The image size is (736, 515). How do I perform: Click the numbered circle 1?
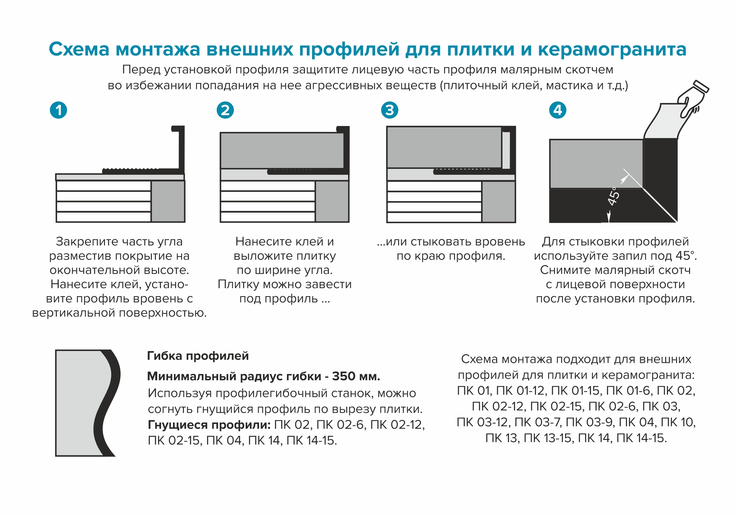[58, 110]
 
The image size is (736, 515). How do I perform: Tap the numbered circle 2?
[225, 110]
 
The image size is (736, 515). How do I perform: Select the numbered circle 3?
[389, 110]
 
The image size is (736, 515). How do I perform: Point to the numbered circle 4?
[557, 110]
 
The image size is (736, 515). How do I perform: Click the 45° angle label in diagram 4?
[613, 196]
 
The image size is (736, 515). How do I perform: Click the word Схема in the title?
[79, 50]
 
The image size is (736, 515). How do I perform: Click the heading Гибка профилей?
[198, 356]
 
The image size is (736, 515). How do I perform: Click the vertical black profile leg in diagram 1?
[181, 147]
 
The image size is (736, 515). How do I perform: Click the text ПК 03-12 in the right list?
[484, 422]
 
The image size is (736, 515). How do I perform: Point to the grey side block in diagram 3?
[498, 202]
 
